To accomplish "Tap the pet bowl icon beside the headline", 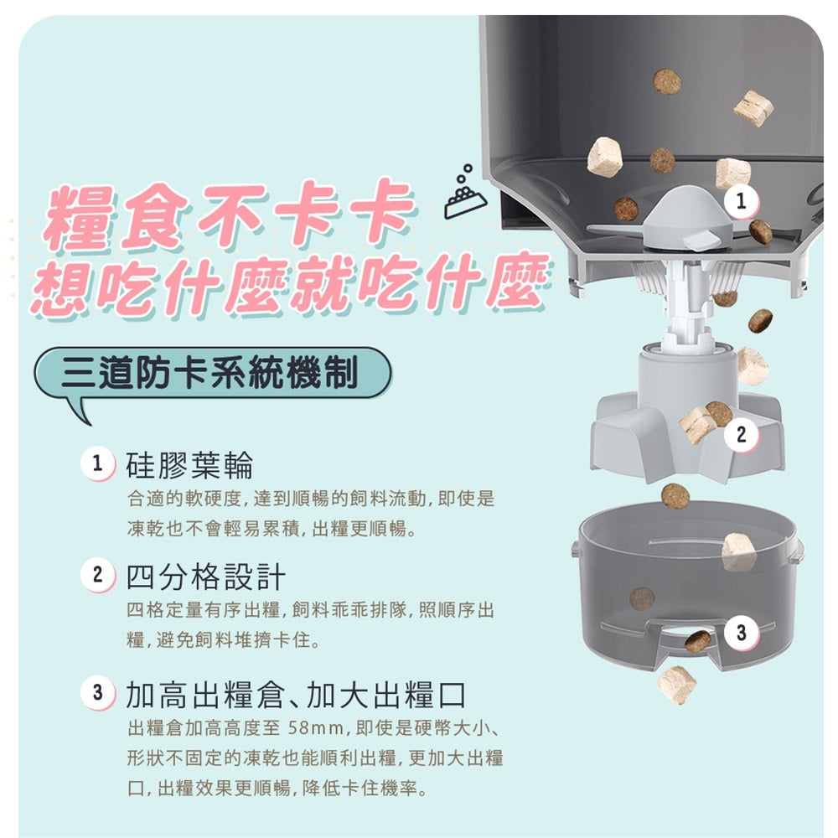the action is pyautogui.click(x=465, y=193).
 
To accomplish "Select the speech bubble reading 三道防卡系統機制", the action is pyautogui.click(x=212, y=373).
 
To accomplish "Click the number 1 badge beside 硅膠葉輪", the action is pyautogui.click(x=97, y=464).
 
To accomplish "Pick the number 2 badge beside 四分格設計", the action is pyautogui.click(x=97, y=575).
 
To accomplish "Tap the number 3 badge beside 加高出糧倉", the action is pyautogui.click(x=97, y=693).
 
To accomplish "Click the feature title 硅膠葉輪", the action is pyautogui.click(x=189, y=465).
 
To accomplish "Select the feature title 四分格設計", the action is pyautogui.click(x=206, y=577).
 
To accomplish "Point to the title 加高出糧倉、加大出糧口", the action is pyautogui.click(x=296, y=694).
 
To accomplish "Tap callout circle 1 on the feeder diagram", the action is pyautogui.click(x=741, y=201).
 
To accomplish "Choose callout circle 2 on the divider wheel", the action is pyautogui.click(x=741, y=434).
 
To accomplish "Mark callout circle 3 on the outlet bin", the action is pyautogui.click(x=741, y=633).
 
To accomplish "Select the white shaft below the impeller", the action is pyautogui.click(x=686, y=305).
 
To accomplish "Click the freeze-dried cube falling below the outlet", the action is pyautogui.click(x=676, y=685).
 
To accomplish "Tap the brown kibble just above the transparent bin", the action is pyautogui.click(x=675, y=496).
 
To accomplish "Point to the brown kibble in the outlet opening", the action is pyautogui.click(x=698, y=641).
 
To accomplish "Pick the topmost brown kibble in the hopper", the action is pyautogui.click(x=667, y=82).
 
